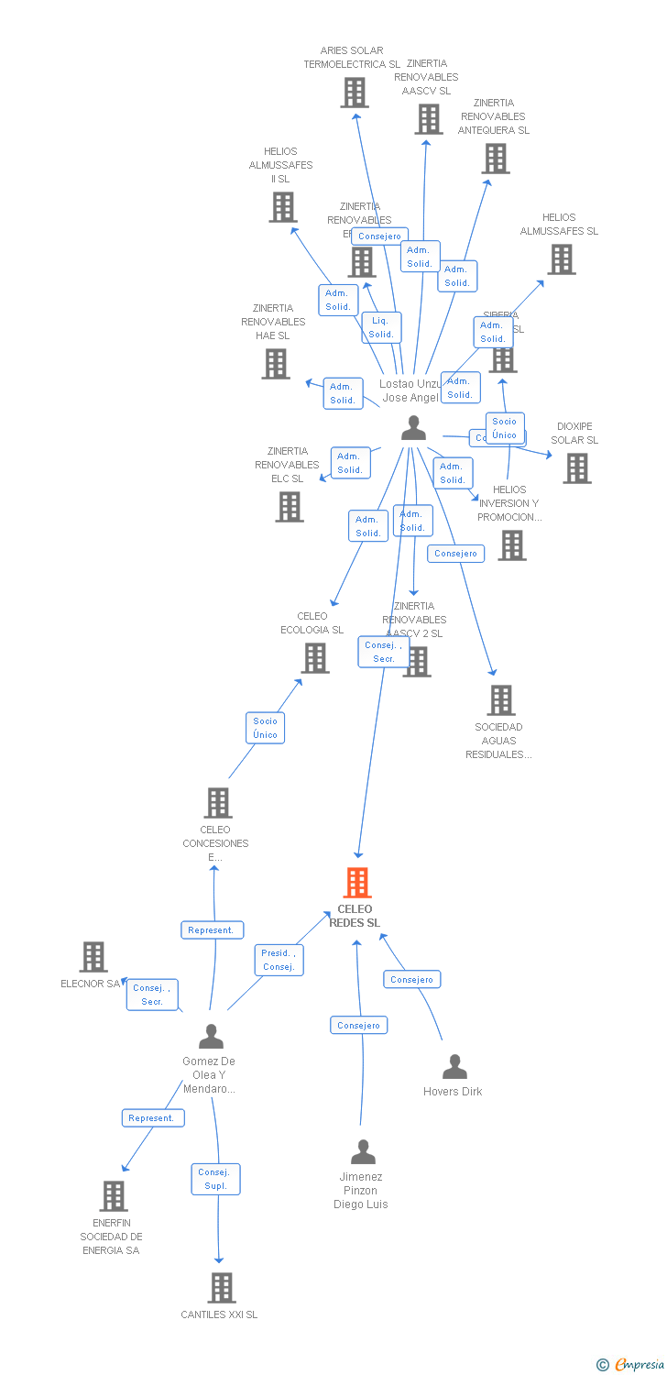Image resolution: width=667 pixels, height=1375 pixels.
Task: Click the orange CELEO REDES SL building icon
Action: pyautogui.click(x=356, y=883)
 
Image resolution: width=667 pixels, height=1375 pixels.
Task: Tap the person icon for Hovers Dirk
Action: pyautogui.click(x=454, y=1067)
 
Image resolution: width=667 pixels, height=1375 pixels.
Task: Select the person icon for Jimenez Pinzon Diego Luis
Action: pyautogui.click(x=364, y=1151)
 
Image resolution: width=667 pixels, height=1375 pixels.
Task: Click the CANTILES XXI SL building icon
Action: pyautogui.click(x=221, y=1288)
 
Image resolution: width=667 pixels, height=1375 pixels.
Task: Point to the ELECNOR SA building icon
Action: pyautogui.click(x=93, y=957)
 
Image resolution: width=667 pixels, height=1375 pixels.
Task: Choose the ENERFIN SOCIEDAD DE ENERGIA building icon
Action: pyautogui.click(x=113, y=1196)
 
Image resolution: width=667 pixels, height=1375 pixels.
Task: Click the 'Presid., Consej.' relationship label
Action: pyautogui.click(x=278, y=960)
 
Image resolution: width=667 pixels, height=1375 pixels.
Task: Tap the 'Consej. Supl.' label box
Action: pyautogui.click(x=215, y=1179)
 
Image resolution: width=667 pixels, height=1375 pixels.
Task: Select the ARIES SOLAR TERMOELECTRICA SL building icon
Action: pyautogui.click(x=355, y=93)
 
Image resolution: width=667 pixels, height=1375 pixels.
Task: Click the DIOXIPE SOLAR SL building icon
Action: pyautogui.click(x=576, y=468)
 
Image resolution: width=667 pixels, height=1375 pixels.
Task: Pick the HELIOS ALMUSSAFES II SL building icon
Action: pyautogui.click(x=283, y=207)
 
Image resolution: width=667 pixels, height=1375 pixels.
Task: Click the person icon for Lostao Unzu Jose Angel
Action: pyautogui.click(x=414, y=428)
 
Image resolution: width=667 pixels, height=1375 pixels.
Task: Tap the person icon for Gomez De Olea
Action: pyautogui.click(x=211, y=1037)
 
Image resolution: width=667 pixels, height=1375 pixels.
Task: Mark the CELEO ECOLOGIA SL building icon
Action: pyautogui.click(x=315, y=658)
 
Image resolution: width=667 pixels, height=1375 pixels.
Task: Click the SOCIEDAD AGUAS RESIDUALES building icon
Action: pyautogui.click(x=500, y=700)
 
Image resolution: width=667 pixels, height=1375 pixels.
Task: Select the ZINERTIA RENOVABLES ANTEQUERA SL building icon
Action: pyautogui.click(x=496, y=159)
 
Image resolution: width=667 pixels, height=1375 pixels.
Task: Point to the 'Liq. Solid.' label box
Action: pyautogui.click(x=381, y=327)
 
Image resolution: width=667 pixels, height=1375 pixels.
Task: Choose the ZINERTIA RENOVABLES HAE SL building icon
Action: pyautogui.click(x=276, y=364)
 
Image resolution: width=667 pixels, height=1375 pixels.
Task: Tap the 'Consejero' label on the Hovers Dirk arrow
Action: pyautogui.click(x=411, y=979)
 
